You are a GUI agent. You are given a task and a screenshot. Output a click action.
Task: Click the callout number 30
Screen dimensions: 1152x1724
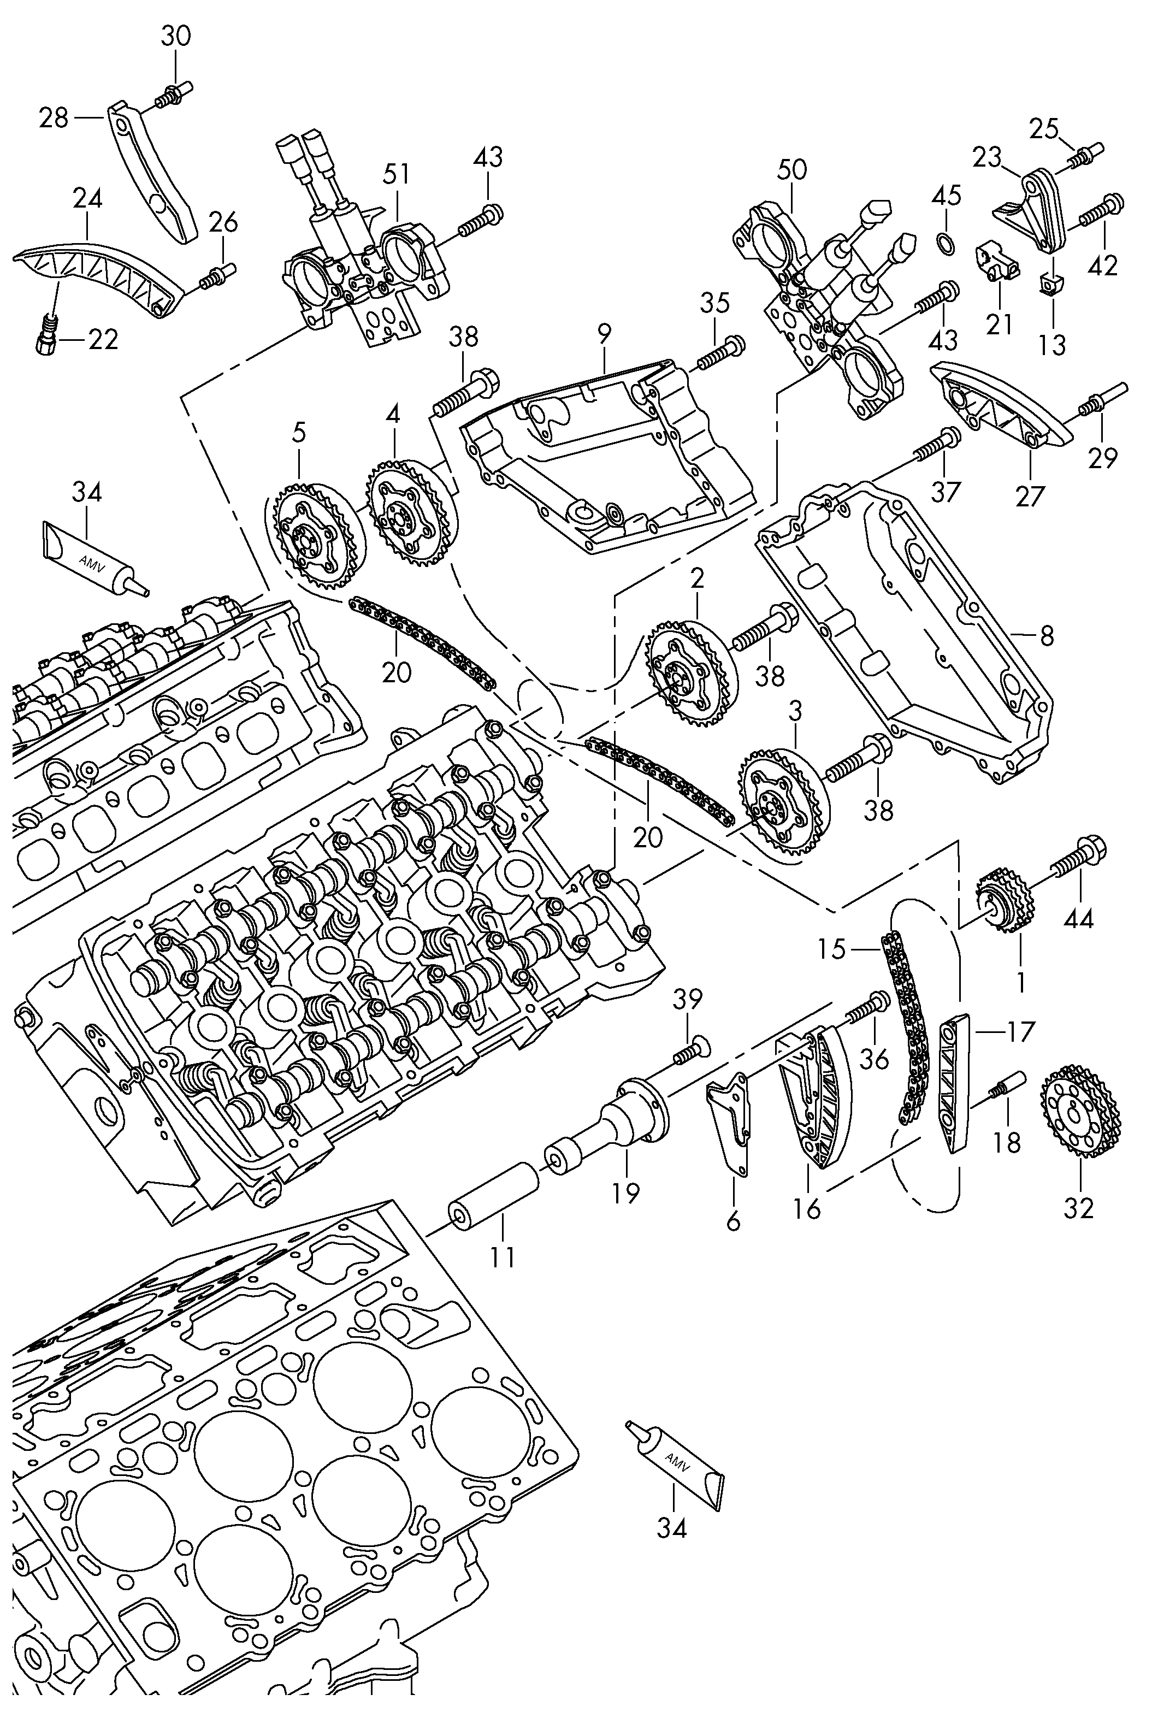click(x=175, y=36)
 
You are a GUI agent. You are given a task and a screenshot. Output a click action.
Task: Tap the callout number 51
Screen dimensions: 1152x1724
click(x=396, y=174)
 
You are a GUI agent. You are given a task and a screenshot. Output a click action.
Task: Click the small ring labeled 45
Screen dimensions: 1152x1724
click(x=948, y=245)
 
